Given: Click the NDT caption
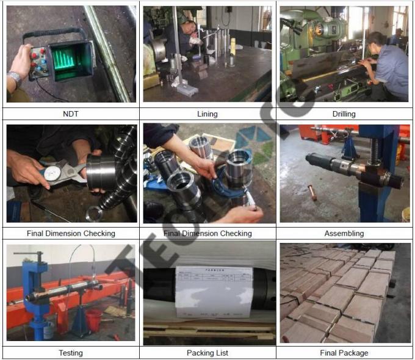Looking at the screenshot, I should tap(71, 113).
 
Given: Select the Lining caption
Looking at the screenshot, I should tap(207, 113).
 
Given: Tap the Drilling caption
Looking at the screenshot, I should tap(344, 113).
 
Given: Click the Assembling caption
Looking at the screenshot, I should tap(344, 233).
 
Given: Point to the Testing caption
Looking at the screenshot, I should tap(71, 353).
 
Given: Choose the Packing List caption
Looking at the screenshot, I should tap(207, 353).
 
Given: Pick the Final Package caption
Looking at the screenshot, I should tap(344, 353).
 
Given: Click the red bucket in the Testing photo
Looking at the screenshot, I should tap(93, 319).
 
